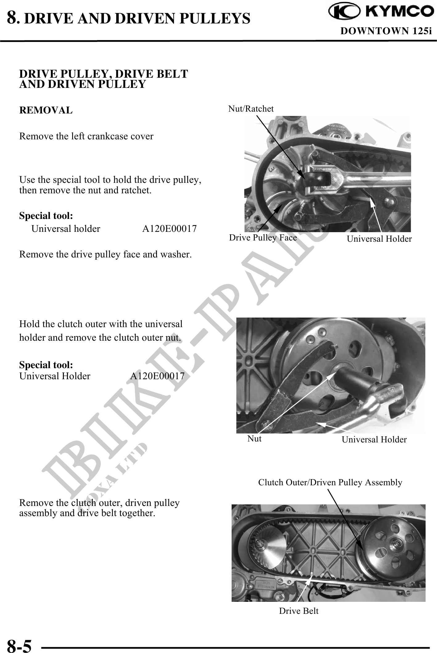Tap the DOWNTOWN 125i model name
click(385, 31)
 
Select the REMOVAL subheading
click(46, 110)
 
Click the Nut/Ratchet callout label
click(251, 109)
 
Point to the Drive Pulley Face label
click(263, 237)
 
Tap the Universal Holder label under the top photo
click(379, 239)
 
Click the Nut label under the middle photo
click(254, 438)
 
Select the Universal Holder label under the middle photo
click(374, 439)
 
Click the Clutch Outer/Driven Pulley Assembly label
click(330, 482)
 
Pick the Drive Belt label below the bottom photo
click(299, 611)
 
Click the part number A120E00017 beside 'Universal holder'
click(169, 229)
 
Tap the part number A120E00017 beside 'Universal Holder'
click(157, 376)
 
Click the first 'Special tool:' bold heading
click(46, 216)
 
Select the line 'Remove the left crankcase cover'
click(86, 136)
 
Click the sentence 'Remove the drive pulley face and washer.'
click(105, 254)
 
